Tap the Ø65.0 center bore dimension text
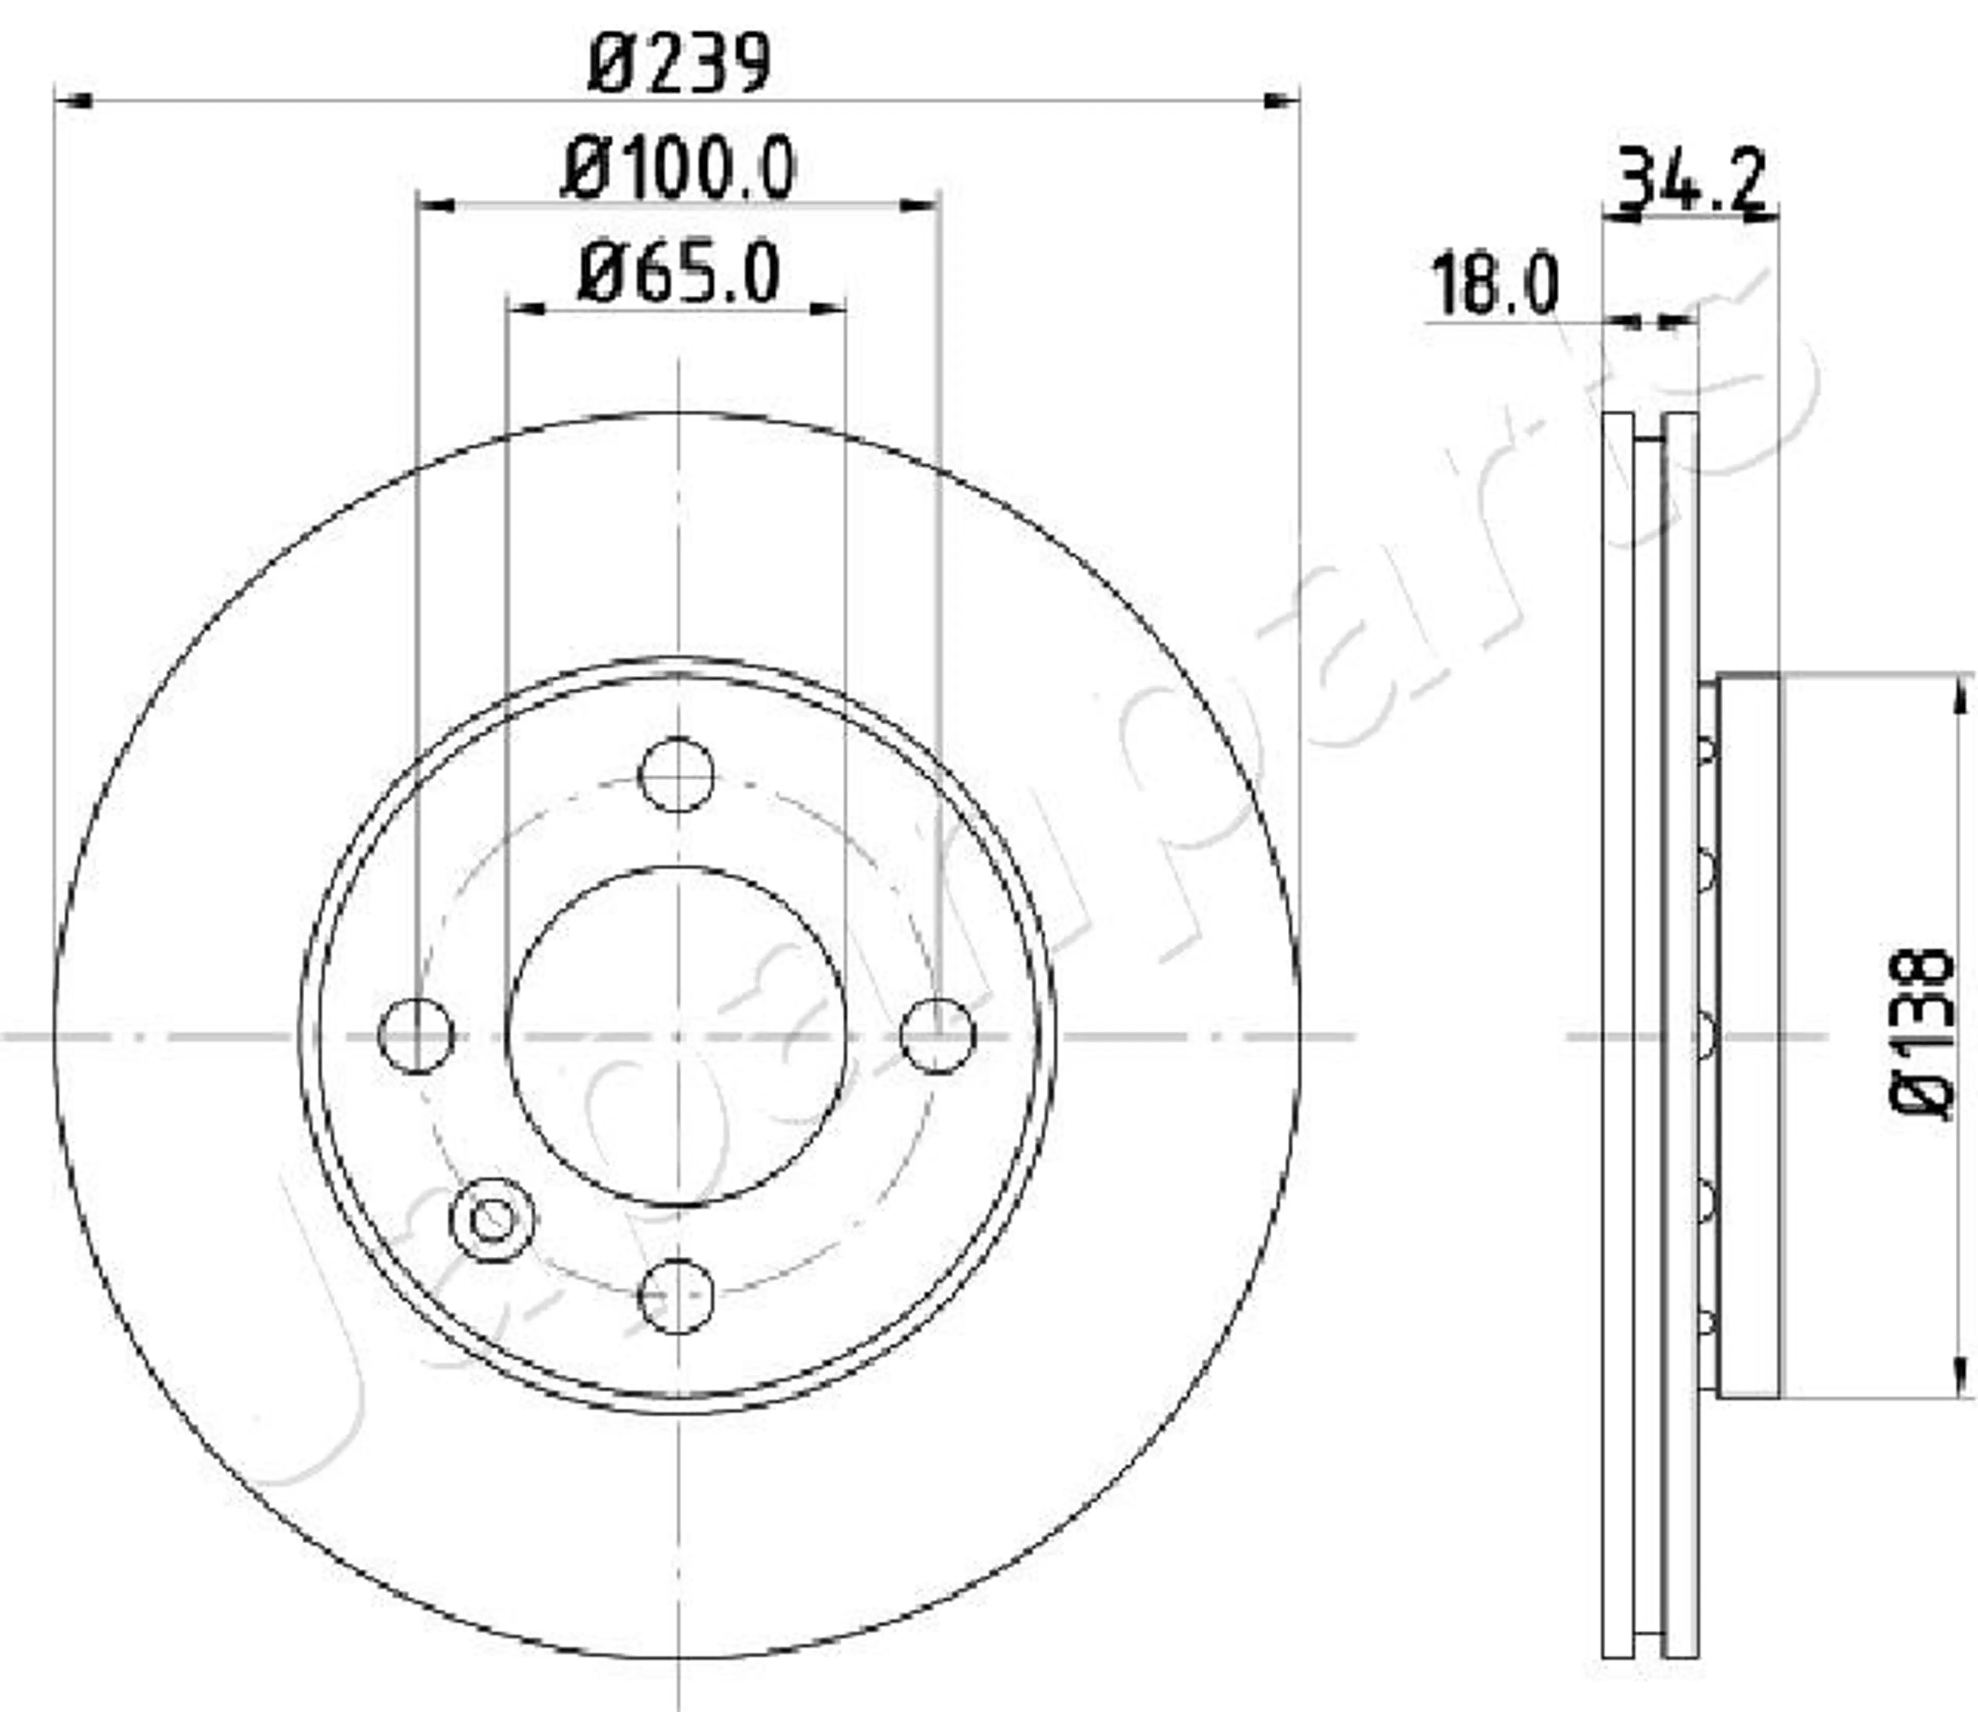[x=678, y=274]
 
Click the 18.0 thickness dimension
[x=1493, y=285]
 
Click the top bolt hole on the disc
[x=676, y=775]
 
